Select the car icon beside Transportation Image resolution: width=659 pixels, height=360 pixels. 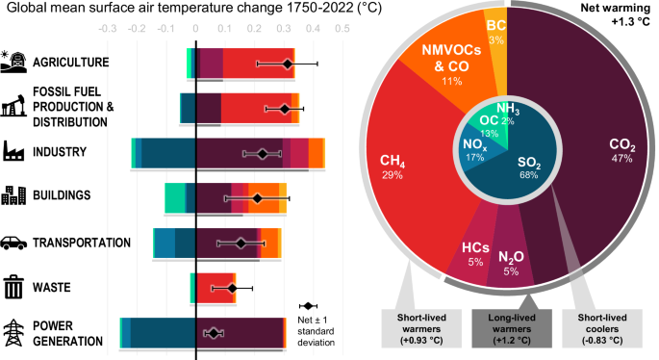(x=15, y=244)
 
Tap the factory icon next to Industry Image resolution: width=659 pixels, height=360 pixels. (x=15, y=151)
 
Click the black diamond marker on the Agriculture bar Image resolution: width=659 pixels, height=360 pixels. (x=287, y=64)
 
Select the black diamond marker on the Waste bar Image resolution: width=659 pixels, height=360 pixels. (x=232, y=288)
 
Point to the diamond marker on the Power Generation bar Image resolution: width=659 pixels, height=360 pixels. (x=215, y=333)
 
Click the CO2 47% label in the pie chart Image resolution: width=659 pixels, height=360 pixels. (x=621, y=151)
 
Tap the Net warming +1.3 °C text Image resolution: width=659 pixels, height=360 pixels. (x=617, y=15)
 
